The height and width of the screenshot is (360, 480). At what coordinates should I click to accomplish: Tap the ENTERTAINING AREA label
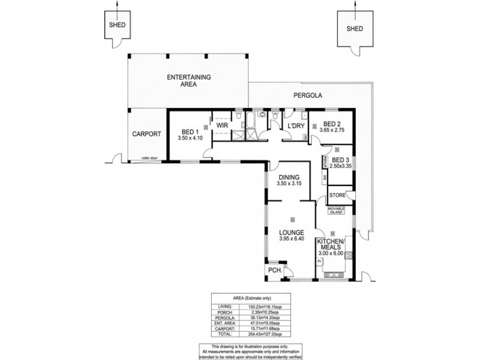[x=188, y=81]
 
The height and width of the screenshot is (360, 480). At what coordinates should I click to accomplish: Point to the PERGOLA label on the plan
[x=308, y=95]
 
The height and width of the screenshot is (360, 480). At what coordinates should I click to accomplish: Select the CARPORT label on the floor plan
[x=146, y=134]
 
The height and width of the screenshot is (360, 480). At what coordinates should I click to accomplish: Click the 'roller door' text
[x=149, y=158]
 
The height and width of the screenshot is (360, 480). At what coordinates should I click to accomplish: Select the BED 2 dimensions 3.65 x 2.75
[x=333, y=130]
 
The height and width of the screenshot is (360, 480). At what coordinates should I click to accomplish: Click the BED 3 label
[x=340, y=160]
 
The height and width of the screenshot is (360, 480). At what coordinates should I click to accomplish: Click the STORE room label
[x=338, y=196]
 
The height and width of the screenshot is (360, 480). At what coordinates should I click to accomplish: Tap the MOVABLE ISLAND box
[x=338, y=210]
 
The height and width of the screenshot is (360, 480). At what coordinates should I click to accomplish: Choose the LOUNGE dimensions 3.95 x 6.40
[x=292, y=239]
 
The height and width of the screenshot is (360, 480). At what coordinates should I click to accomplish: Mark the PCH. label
[x=275, y=270]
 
